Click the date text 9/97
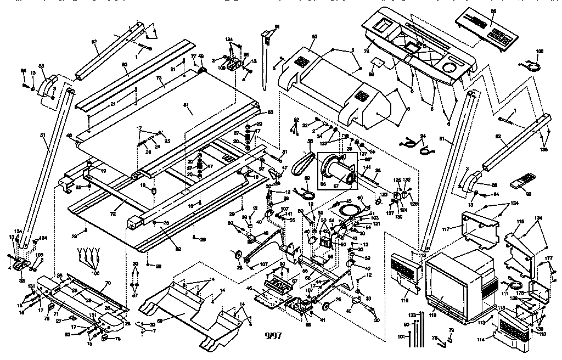pyautogui.click(x=272, y=336)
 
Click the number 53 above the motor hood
pyautogui.click(x=314, y=37)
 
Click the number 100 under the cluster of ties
pyautogui.click(x=95, y=273)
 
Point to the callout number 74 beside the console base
pyautogui.click(x=366, y=48)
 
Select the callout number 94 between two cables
pyautogui.click(x=423, y=135)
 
